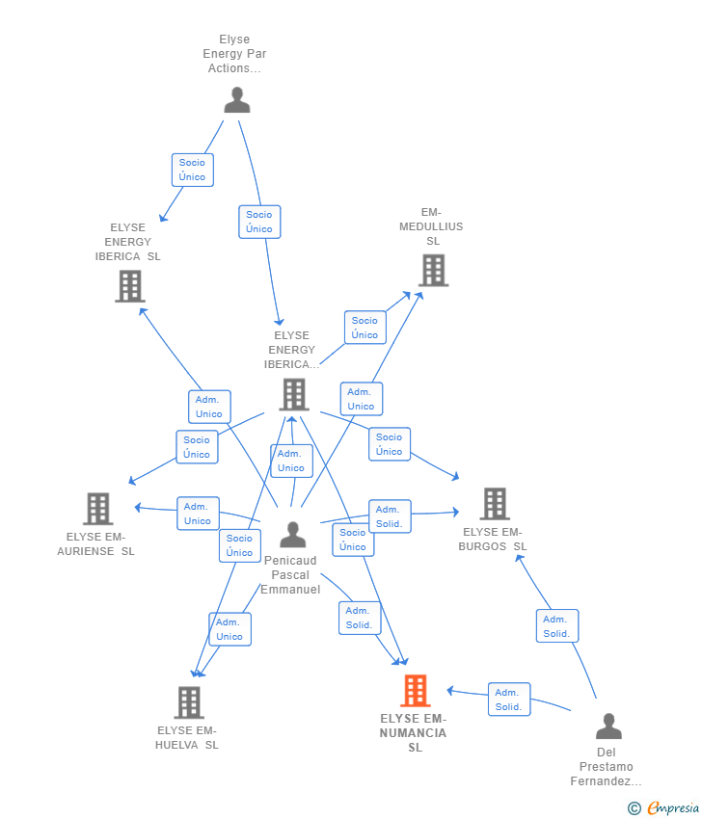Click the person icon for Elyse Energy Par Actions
pyautogui.click(x=236, y=100)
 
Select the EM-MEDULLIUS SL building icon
pyautogui.click(x=434, y=271)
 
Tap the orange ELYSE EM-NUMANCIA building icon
pyautogui.click(x=415, y=691)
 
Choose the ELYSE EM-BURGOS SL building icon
pyautogui.click(x=495, y=504)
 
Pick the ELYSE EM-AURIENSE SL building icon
pyautogui.click(x=97, y=509)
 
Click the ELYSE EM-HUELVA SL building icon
pyautogui.click(x=189, y=702)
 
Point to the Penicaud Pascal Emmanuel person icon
pyautogui.click(x=292, y=535)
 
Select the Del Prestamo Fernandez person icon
pyautogui.click(x=608, y=727)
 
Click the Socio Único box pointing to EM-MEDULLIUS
pyautogui.click(x=364, y=328)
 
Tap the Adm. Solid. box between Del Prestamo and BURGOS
pyautogui.click(x=556, y=626)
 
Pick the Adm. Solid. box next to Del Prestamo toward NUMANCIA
pyautogui.click(x=508, y=700)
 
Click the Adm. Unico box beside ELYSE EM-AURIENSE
pyautogui.click(x=198, y=514)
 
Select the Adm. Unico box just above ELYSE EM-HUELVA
pyautogui.click(x=229, y=629)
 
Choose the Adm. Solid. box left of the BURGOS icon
pyautogui.click(x=389, y=516)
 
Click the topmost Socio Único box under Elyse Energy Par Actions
pyautogui.click(x=192, y=170)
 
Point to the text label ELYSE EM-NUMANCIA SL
pyautogui.click(x=414, y=733)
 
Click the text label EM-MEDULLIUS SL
pyautogui.click(x=432, y=226)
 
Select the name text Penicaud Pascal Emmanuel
pyautogui.click(x=290, y=574)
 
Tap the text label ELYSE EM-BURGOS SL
pyautogui.click(x=495, y=539)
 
